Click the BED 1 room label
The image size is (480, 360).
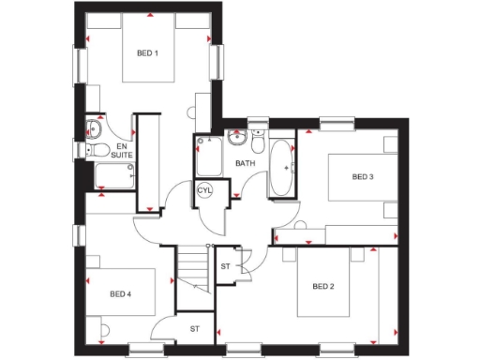coord(146,53)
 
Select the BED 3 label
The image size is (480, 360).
coord(363,176)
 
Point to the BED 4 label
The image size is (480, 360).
coord(120,294)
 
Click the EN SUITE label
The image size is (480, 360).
coord(122,150)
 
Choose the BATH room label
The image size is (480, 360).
coord(245,163)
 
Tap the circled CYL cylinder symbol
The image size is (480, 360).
coord(205,191)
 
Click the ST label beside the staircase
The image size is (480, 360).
coord(225,267)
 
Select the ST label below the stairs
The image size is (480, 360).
coord(195,329)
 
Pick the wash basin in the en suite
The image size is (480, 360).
coord(95,127)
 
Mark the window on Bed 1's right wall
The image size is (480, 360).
coord(222,62)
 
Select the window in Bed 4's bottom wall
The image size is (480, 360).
coord(140,352)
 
